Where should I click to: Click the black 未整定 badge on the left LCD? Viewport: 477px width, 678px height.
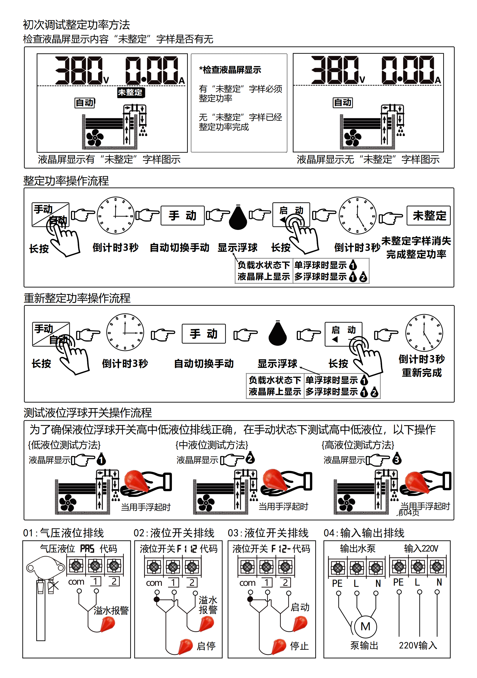(130, 92)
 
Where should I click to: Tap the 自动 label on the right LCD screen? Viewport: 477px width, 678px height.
(342, 102)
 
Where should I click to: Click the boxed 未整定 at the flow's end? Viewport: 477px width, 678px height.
(429, 215)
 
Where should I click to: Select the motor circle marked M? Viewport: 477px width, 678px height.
(365, 626)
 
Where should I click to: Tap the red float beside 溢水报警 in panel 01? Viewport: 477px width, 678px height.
(108, 624)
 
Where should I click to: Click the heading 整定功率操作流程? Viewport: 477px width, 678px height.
(66, 180)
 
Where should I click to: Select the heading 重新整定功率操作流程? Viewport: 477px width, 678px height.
(77, 298)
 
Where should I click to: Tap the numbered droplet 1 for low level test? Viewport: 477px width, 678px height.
(101, 459)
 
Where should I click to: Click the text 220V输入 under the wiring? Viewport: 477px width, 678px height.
(418, 645)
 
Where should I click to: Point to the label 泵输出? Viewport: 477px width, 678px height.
(364, 645)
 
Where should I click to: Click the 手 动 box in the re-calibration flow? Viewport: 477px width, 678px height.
(204, 334)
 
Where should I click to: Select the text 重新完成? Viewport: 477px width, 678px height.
(422, 372)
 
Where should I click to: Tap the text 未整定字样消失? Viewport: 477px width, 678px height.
(416, 241)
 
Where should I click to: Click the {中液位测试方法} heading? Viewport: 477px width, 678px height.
(212, 445)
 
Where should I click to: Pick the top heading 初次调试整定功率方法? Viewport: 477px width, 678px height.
(77, 25)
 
